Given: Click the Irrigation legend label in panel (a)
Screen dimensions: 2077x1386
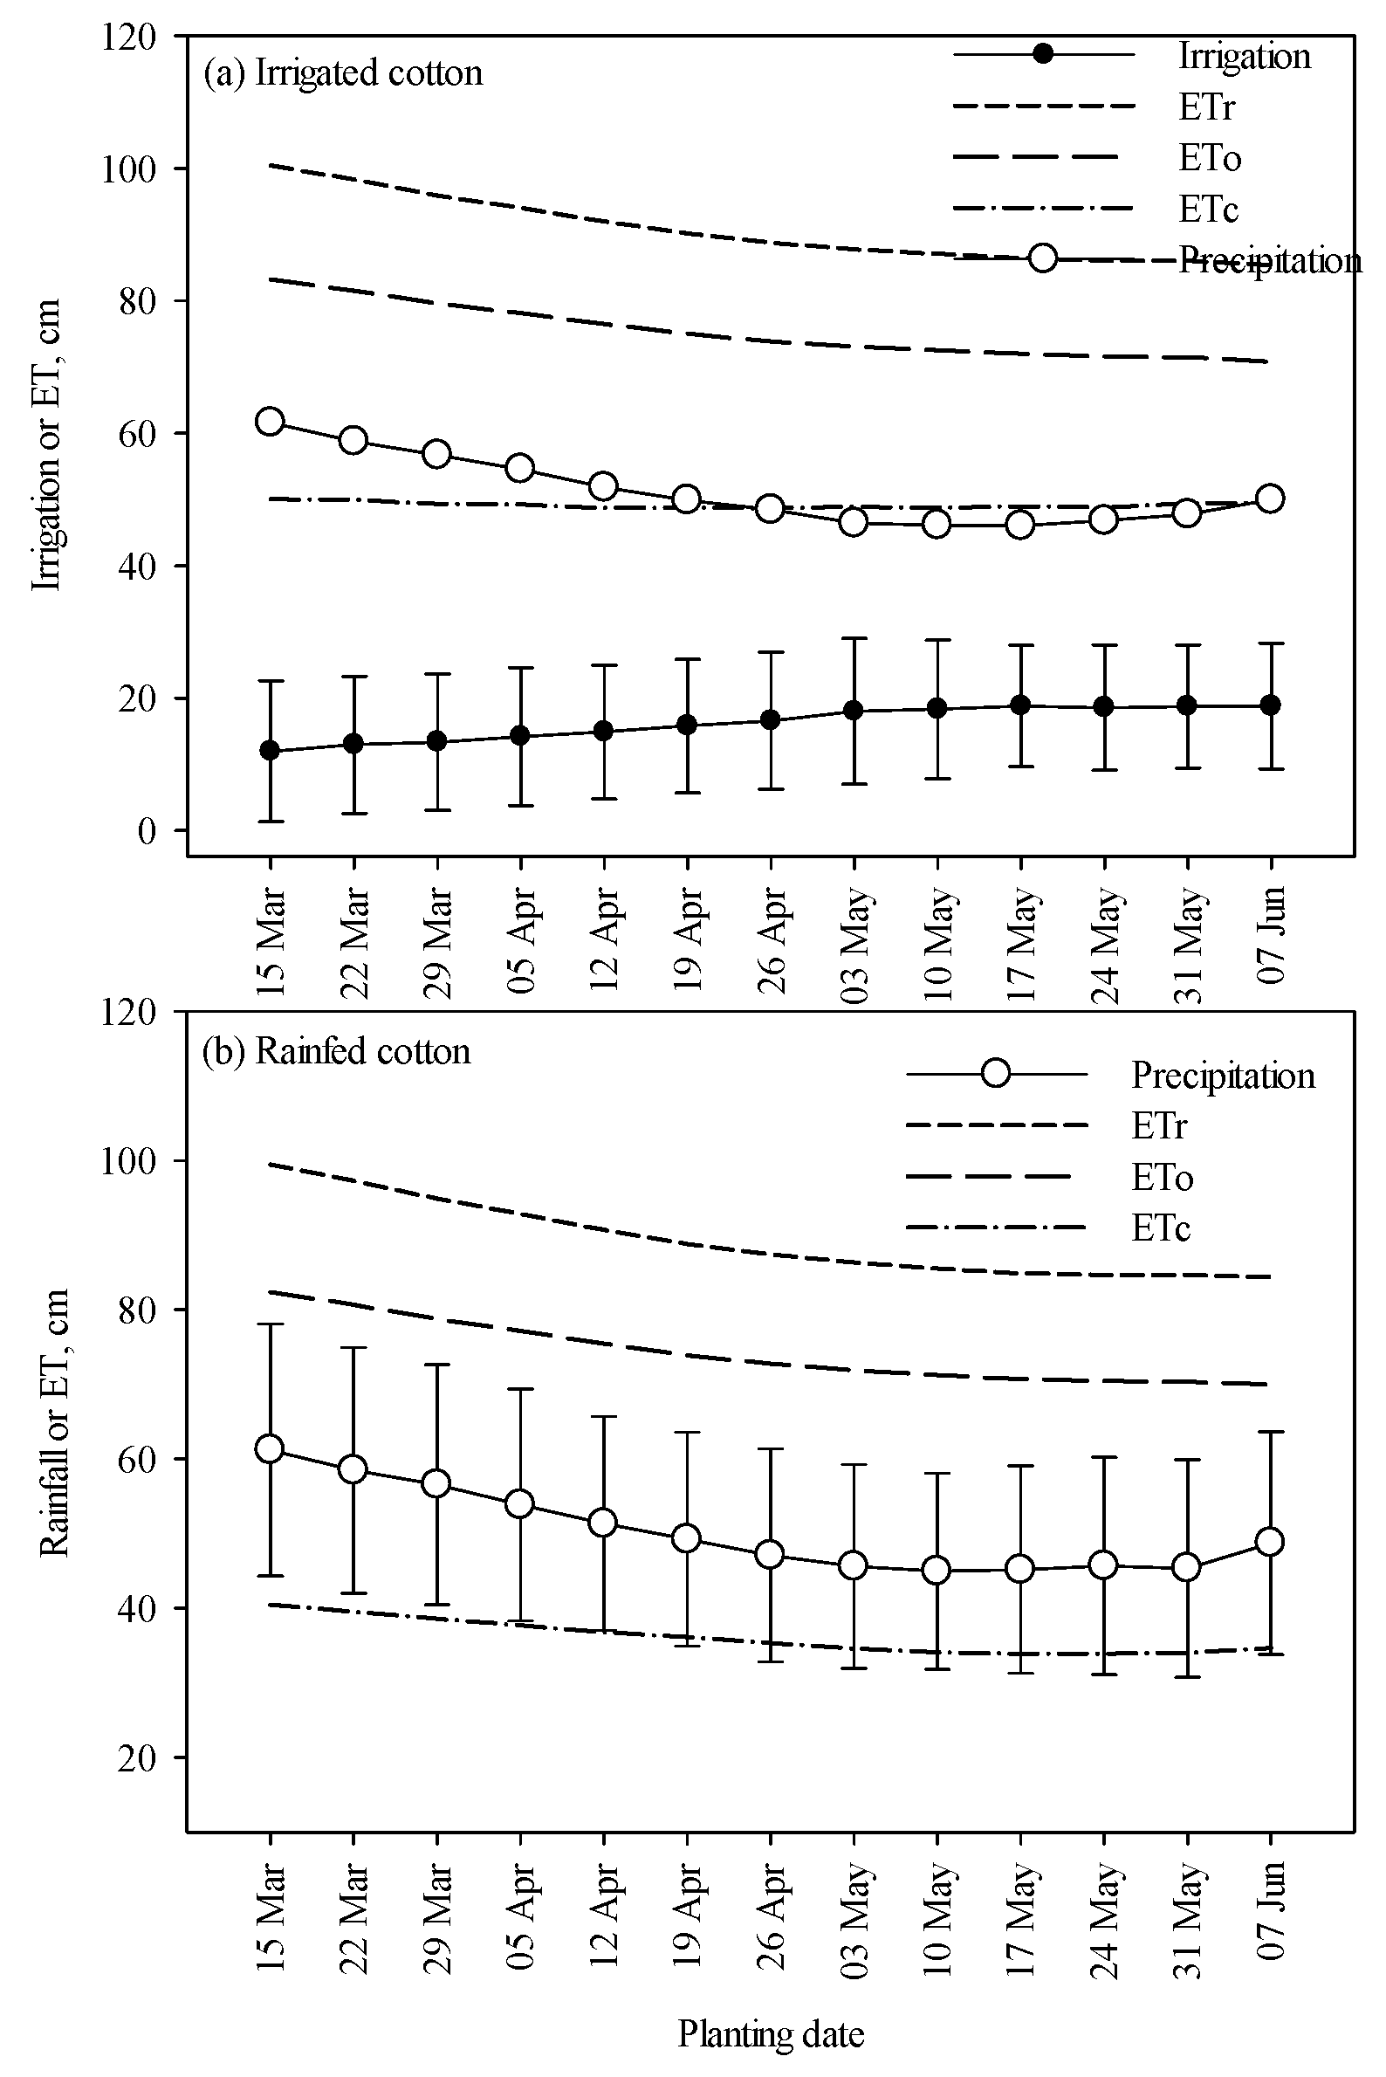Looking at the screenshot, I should click(x=1244, y=57).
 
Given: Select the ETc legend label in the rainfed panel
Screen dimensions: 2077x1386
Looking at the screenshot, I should click(x=1161, y=1228).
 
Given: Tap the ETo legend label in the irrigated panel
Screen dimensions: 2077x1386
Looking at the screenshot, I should click(x=1209, y=158).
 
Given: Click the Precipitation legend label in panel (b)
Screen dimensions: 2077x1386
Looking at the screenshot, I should click(x=1223, y=1076).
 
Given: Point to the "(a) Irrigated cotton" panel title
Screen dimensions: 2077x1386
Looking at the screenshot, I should click(x=343, y=73).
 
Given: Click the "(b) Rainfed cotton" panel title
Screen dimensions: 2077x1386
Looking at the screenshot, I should click(x=336, y=1052).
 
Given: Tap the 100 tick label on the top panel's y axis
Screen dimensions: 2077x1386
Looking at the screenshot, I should click(x=129, y=168).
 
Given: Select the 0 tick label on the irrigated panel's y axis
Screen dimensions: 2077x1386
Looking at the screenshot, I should click(x=147, y=831).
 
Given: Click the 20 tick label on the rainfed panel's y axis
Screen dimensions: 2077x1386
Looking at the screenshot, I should click(x=138, y=1757).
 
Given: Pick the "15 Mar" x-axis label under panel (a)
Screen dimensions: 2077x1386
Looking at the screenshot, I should click(x=271, y=940).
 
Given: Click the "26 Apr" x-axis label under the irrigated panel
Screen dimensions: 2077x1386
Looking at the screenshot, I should click(x=772, y=940).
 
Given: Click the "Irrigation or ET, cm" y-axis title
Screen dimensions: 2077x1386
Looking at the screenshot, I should click(x=47, y=444).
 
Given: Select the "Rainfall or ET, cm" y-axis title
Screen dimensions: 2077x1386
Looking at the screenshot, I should click(x=54, y=1422).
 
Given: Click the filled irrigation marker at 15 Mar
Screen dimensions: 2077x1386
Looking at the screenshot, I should click(x=270, y=751).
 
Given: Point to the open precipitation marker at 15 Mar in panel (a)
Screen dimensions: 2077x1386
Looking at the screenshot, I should click(x=270, y=422).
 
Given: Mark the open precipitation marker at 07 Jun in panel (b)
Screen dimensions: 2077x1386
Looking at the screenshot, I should click(x=1270, y=1542).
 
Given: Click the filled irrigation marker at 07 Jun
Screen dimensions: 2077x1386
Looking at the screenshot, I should click(x=1270, y=705).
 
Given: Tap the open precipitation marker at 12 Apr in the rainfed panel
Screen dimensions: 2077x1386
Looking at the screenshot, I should click(x=603, y=1523).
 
